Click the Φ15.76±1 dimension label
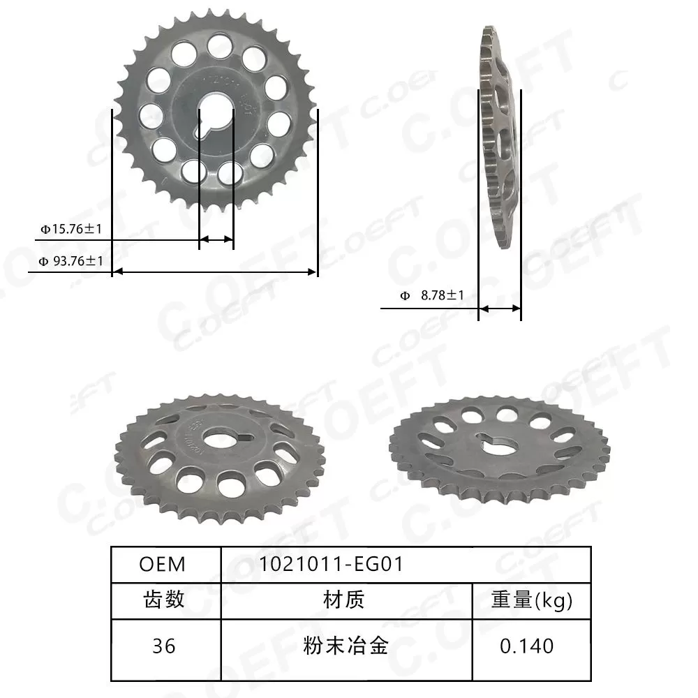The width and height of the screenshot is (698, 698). point(71,228)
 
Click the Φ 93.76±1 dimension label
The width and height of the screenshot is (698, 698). point(71,261)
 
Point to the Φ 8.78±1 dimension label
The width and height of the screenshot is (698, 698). point(432,296)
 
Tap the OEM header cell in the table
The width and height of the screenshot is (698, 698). point(163,564)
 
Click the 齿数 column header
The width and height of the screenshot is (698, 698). point(164,600)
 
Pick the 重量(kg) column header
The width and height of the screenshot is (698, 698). point(532,600)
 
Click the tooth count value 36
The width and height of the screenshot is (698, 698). point(164,646)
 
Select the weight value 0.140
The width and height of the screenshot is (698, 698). point(527,646)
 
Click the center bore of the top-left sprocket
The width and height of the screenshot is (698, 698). point(216,117)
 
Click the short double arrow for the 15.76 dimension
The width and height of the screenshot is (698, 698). point(216,240)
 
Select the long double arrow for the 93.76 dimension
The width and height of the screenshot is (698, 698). point(214,272)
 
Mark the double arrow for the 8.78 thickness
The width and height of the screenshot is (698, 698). point(499,308)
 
